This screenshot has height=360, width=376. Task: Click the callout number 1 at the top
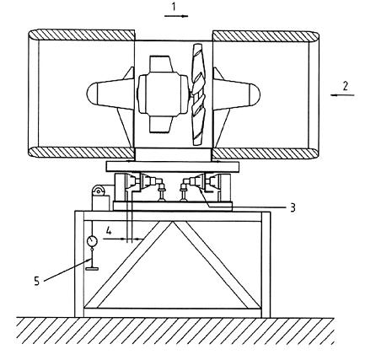[174, 7]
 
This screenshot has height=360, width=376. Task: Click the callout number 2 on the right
[345, 86]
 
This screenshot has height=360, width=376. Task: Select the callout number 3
[293, 208]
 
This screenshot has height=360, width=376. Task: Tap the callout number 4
[109, 231]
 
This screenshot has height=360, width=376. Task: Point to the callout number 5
[37, 281]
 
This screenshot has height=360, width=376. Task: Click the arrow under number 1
[176, 16]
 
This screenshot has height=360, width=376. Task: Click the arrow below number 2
[342, 95]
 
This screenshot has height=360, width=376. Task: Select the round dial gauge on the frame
[92, 241]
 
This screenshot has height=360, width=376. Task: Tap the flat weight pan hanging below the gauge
[92, 269]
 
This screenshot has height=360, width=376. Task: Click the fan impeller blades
[198, 94]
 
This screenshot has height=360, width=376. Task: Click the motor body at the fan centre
[163, 94]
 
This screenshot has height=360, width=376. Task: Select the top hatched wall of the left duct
[82, 35]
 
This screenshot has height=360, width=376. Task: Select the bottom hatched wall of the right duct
[266, 153]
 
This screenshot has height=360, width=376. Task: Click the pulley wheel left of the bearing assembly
[98, 191]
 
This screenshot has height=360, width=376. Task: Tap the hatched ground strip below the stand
[175, 330]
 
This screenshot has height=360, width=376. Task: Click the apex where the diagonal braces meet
[173, 223]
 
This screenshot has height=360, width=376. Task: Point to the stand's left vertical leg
[79, 264]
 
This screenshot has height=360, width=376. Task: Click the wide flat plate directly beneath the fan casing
[173, 166]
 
